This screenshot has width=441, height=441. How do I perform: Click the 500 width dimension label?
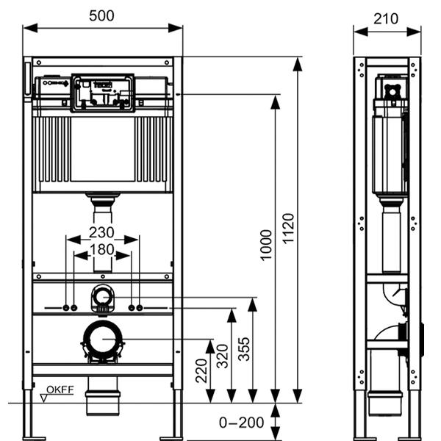pyautogui.click(x=102, y=15)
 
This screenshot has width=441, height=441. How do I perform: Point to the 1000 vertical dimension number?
pyautogui.click(x=266, y=253)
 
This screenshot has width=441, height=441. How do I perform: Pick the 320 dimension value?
pyautogui.click(x=222, y=356)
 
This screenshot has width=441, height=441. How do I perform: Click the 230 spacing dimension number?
pyautogui.click(x=102, y=232)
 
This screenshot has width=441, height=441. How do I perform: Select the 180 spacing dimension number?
pyautogui.click(x=102, y=249)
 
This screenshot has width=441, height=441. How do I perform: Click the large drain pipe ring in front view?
pyautogui.click(x=102, y=340)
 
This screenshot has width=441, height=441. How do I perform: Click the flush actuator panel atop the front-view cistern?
pyautogui.click(x=102, y=92)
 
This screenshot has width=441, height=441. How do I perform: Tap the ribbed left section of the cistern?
pyautogui.click(x=54, y=149)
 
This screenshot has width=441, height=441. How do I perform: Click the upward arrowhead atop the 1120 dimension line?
pyautogui.click(x=297, y=64)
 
